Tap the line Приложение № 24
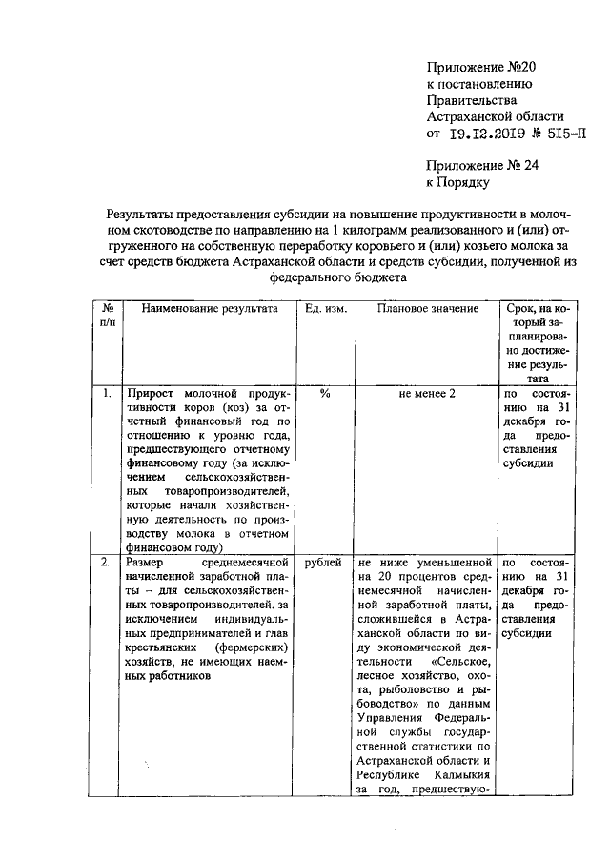(x=483, y=165)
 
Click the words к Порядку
(x=457, y=182)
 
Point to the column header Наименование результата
(x=210, y=310)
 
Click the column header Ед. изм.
(x=326, y=310)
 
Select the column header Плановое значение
(x=427, y=310)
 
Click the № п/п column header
(x=109, y=317)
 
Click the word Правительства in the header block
(x=473, y=99)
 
